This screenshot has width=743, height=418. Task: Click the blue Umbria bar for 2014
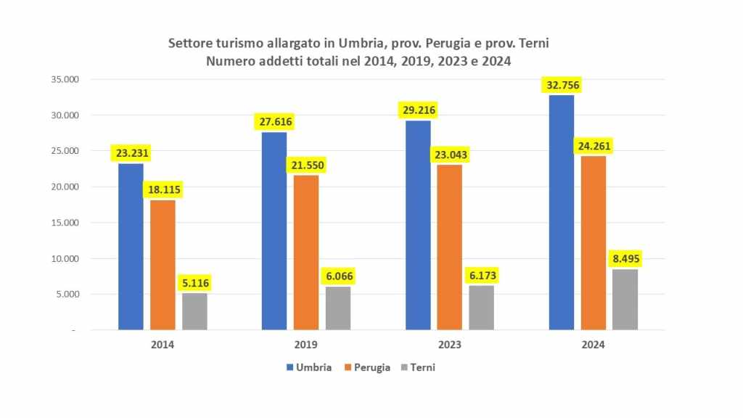click(x=131, y=247)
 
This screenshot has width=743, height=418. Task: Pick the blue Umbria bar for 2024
click(x=562, y=213)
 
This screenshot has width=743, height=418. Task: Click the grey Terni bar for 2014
click(x=194, y=311)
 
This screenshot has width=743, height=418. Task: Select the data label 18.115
click(x=163, y=189)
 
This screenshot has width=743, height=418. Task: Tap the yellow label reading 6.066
click(x=337, y=276)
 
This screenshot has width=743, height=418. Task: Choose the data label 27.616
click(x=274, y=121)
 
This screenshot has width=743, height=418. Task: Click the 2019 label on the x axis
click(x=306, y=345)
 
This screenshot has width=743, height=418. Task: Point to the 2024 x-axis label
click(x=593, y=345)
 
